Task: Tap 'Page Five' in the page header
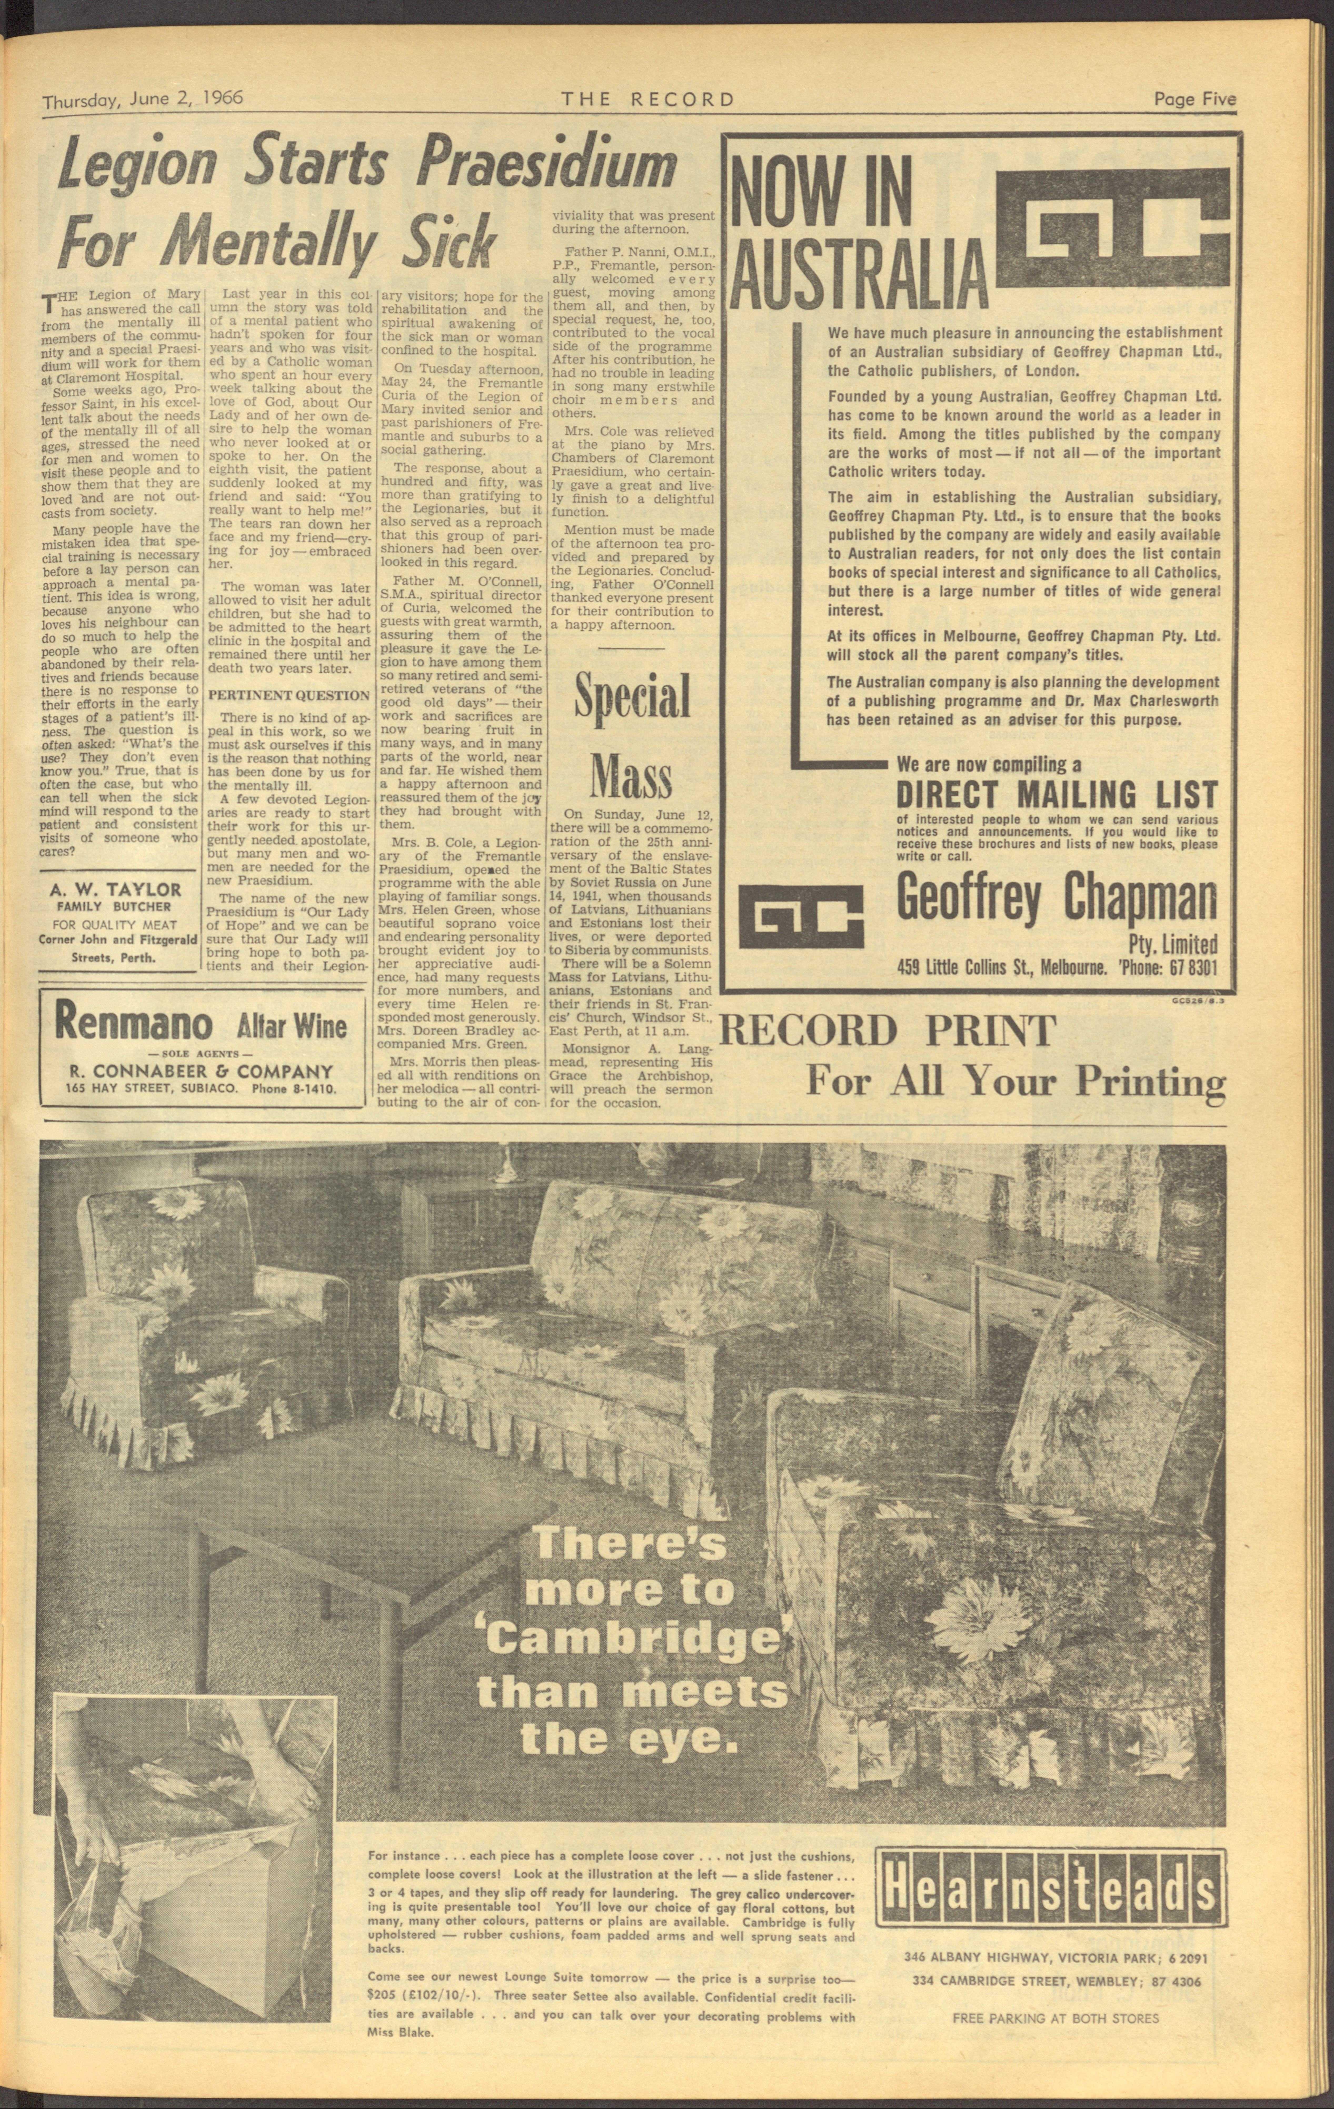tap(1195, 100)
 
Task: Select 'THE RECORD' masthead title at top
tap(648, 100)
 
